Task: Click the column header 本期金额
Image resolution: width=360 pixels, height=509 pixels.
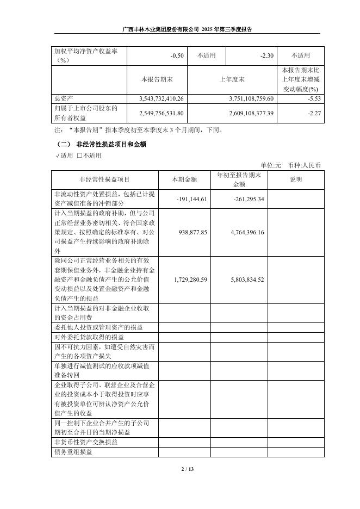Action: point(185,179)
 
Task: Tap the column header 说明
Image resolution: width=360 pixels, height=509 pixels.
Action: point(296,179)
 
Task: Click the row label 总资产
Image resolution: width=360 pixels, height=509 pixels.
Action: point(64,98)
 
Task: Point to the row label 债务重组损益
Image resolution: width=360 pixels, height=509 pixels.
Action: point(73,452)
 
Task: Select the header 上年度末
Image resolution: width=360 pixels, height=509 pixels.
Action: point(232,79)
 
